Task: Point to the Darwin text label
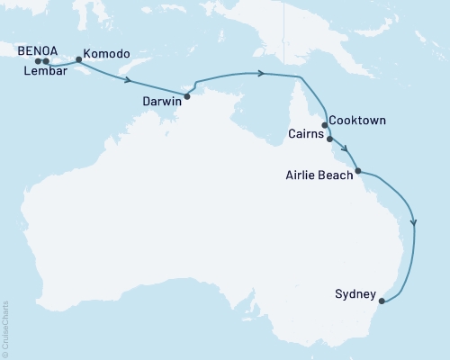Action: tap(162, 102)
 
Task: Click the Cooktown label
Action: tap(358, 119)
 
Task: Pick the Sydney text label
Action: tap(350, 293)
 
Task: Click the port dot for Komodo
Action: tap(79, 60)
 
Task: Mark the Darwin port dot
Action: tap(187, 95)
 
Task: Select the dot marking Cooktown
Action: tap(325, 125)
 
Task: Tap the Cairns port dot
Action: tap(329, 139)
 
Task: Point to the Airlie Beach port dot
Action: tap(358, 170)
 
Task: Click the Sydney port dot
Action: tap(382, 301)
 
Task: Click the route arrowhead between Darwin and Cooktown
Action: tap(260, 73)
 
